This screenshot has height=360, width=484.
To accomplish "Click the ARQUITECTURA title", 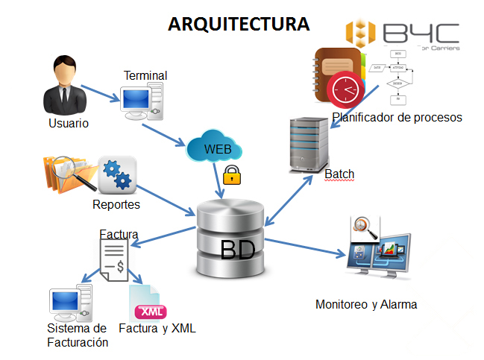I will [239, 25].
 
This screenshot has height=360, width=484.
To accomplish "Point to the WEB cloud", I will [216, 148].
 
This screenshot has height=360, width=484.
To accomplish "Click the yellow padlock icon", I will [233, 177].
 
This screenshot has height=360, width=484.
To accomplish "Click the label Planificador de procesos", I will [397, 117].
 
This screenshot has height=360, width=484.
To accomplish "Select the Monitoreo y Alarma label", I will [366, 304].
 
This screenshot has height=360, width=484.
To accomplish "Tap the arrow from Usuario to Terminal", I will [101, 93].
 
